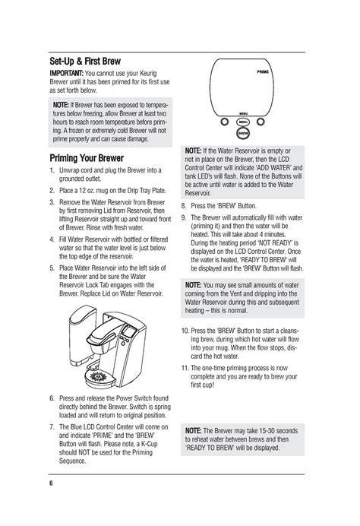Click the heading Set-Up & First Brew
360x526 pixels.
click(85, 62)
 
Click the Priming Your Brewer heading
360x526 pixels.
click(87, 158)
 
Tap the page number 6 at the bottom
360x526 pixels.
click(51, 483)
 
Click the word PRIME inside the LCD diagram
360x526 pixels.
click(263, 71)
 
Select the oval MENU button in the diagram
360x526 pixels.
click(243, 122)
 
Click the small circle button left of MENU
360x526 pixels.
click(225, 122)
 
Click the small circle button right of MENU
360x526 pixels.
click(261, 122)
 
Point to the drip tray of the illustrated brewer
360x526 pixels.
click(99, 378)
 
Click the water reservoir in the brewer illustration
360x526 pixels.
click(83, 335)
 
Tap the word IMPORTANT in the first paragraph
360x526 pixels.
click(66, 73)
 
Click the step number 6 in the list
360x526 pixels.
click(52, 398)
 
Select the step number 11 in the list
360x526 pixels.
click(185, 368)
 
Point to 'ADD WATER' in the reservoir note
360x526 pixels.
click(273, 168)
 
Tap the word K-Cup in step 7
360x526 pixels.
click(149, 444)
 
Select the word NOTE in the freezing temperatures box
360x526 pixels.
click(61, 105)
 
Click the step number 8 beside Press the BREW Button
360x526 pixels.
click(184, 206)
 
